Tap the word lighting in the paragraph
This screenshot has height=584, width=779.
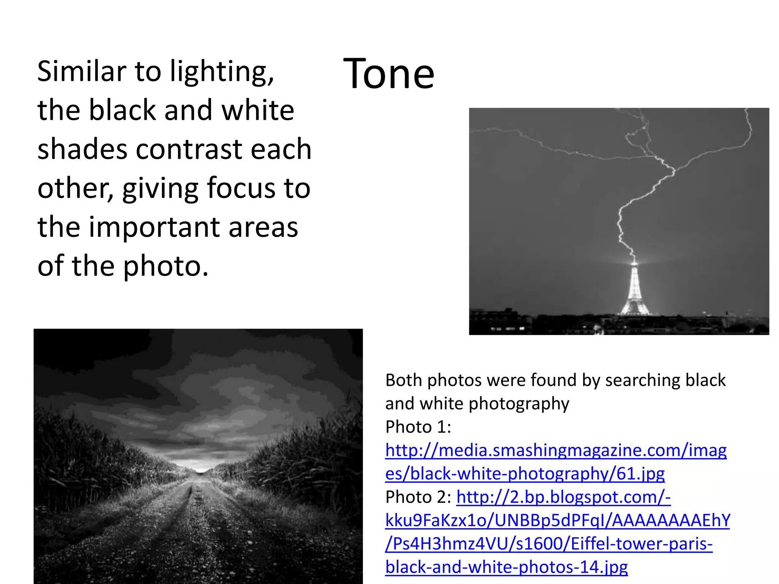point(221,71)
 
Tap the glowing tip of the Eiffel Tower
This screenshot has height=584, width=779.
point(634,262)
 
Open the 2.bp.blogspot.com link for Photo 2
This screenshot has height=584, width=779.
point(563,497)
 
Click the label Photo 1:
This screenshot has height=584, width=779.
point(418,427)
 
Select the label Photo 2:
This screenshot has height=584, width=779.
point(418,497)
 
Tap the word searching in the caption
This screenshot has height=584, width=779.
point(642,380)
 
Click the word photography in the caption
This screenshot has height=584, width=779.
point(519,404)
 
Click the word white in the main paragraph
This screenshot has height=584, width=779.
point(258,110)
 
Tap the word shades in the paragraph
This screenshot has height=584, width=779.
point(82,149)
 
